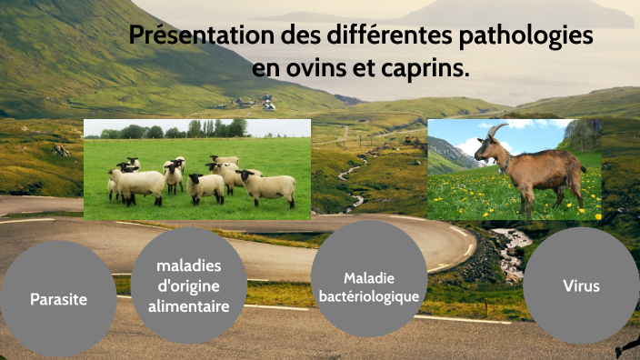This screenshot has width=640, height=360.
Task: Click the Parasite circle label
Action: tap(58, 298)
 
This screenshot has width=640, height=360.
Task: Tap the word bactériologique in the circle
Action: tap(369, 296)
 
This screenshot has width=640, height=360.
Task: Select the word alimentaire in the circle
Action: tap(189, 306)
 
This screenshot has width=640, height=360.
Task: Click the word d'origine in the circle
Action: tap(189, 286)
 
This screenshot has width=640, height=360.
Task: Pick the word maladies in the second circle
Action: tap(189, 266)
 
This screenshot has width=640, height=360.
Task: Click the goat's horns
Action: tap(494, 134)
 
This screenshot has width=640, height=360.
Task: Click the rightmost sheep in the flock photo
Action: tap(270, 185)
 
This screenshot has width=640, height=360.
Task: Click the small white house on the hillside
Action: tap(268, 105)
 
